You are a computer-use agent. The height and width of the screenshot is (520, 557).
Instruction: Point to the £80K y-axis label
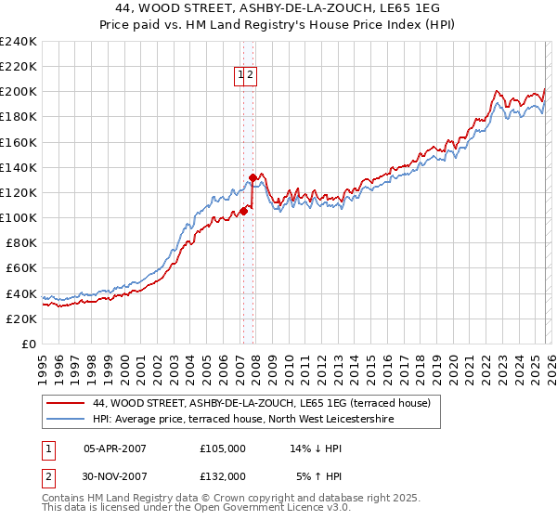coord(19,242)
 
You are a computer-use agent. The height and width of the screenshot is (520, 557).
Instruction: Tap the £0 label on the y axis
coord(29,344)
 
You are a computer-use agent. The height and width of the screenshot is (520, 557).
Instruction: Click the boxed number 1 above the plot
coord(240,76)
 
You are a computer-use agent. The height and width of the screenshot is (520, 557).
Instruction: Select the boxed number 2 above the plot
coord(251,76)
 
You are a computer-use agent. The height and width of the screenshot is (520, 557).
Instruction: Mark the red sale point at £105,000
coord(243,211)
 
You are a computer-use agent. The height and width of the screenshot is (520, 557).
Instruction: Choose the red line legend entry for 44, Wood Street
coord(261,404)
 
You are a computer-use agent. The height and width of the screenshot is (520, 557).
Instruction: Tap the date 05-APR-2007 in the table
coord(115,448)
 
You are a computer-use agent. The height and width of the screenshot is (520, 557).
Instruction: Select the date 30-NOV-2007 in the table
coord(115,475)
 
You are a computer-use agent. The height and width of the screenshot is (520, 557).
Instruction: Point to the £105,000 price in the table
coord(223,448)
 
